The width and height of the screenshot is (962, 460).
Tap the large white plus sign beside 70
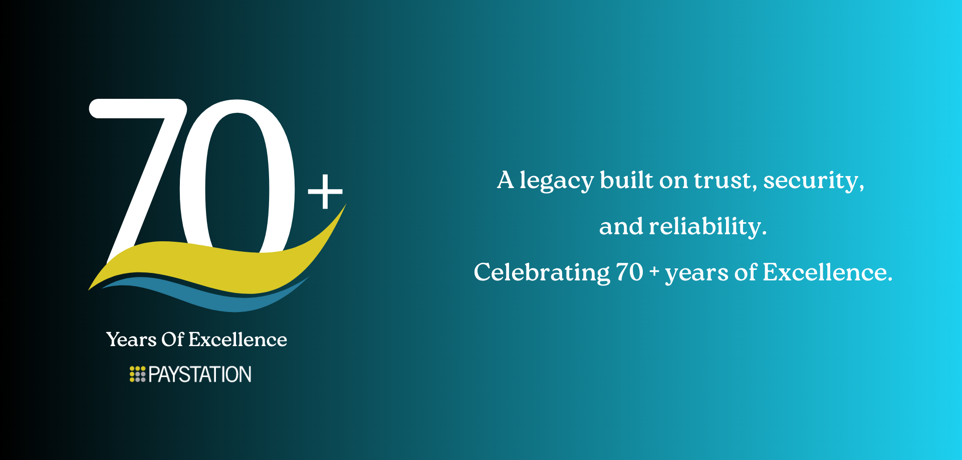click(325, 191)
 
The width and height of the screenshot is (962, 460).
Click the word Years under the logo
click(131, 340)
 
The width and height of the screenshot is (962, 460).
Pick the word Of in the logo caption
click(173, 340)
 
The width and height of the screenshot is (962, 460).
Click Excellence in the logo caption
click(238, 340)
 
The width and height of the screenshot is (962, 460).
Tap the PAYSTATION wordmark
click(200, 374)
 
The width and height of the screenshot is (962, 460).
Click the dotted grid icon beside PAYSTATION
click(137, 374)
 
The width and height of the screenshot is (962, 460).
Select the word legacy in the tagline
click(557, 181)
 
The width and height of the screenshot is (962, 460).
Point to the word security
click(814, 181)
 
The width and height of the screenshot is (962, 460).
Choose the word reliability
click(707, 227)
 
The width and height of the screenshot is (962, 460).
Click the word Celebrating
click(542, 273)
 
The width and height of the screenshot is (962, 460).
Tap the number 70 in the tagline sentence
click(629, 272)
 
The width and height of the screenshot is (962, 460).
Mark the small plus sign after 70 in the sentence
click(654, 271)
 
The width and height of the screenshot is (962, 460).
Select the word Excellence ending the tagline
click(827, 272)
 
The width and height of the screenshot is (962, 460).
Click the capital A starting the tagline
click(506, 180)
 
